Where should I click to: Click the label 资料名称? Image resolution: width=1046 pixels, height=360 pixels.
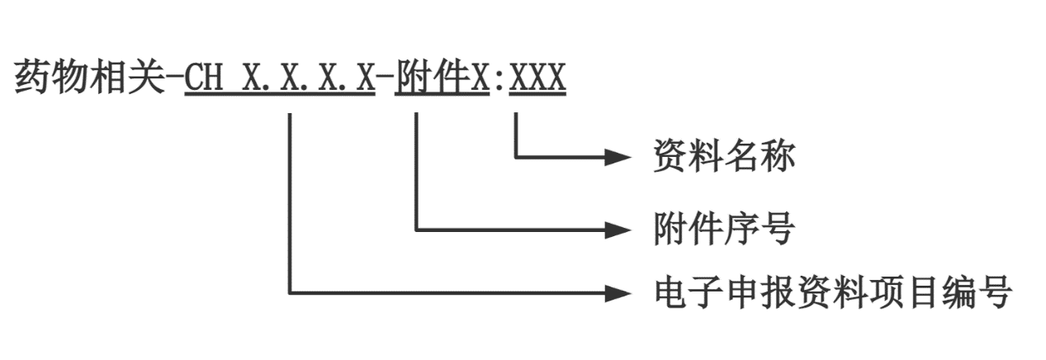[724, 155]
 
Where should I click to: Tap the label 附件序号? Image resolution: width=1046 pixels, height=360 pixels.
[724, 228]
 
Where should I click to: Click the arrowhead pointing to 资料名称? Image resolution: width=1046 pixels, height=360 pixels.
[618, 155]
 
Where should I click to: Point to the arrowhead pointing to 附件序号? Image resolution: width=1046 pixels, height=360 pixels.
[618, 228]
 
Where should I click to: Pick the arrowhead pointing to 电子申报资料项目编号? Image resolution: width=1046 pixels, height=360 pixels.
[618, 291]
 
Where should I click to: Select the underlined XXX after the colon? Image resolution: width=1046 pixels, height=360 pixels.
[537, 79]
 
